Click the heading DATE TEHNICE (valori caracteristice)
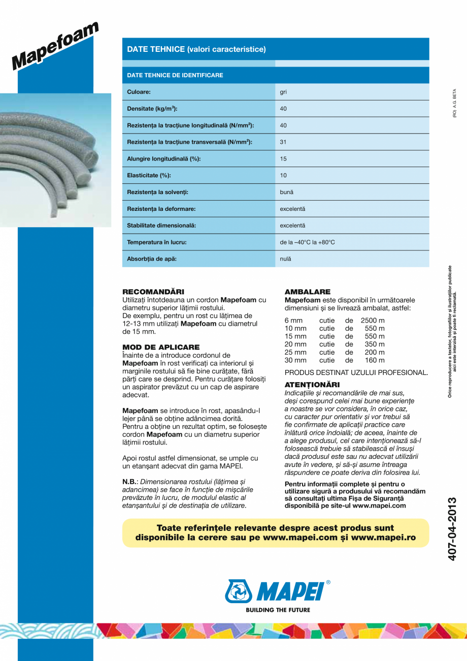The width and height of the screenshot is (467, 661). click(x=196, y=49)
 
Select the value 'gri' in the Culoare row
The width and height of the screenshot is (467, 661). click(x=283, y=92)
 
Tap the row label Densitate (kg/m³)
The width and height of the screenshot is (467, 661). click(x=152, y=109)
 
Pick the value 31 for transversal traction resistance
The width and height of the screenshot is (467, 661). click(x=283, y=142)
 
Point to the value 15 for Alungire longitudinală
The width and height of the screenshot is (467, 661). click(x=283, y=159)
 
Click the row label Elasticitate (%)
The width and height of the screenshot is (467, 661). click(x=149, y=175)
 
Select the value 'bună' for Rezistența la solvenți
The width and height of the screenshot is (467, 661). click(x=286, y=192)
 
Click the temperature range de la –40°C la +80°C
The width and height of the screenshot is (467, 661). click(x=308, y=242)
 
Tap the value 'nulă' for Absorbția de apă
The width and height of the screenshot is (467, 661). click(x=286, y=259)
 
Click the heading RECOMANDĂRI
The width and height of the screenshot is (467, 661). click(x=153, y=292)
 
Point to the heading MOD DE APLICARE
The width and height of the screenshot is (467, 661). click(x=157, y=348)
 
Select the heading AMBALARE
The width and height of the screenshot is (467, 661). click(x=308, y=292)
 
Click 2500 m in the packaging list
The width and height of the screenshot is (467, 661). click(x=373, y=321)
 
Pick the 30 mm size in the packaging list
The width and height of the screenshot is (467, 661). click(x=295, y=360)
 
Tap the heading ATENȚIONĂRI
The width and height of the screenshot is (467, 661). click(x=312, y=385)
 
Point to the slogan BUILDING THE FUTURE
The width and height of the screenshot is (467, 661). click(x=278, y=610)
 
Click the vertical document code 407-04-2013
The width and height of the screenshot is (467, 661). click(x=454, y=529)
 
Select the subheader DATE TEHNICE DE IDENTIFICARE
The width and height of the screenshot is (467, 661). click(x=175, y=75)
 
